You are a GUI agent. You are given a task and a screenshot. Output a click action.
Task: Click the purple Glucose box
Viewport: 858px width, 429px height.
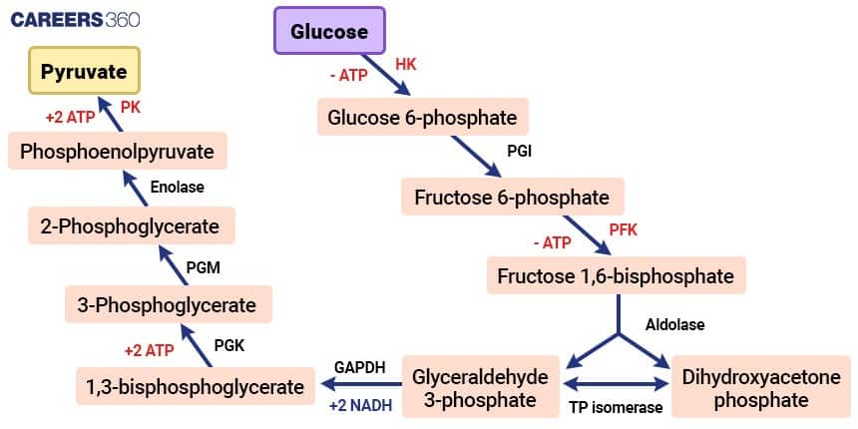click(x=329, y=32)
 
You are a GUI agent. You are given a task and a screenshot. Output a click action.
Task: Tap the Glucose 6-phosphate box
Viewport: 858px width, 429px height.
click(x=422, y=117)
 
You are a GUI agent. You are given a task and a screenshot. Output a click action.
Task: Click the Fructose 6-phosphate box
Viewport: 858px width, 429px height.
click(x=511, y=197)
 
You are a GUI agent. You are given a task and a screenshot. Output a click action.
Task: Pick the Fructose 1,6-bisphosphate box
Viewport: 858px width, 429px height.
click(x=616, y=274)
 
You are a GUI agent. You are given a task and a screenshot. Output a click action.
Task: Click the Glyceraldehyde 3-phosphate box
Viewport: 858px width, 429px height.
click(x=481, y=388)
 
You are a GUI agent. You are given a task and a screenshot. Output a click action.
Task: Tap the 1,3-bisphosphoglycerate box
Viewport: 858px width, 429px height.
click(x=191, y=386)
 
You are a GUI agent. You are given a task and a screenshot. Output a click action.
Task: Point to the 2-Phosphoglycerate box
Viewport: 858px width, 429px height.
click(x=131, y=226)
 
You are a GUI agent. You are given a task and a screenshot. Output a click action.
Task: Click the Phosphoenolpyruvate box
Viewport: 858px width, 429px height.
click(x=118, y=152)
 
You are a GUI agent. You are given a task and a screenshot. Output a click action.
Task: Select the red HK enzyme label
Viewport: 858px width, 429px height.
click(x=405, y=63)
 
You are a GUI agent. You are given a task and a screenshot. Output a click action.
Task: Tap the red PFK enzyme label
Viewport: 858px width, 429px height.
click(x=623, y=230)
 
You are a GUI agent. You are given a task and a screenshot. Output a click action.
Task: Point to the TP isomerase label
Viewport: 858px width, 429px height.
click(x=615, y=408)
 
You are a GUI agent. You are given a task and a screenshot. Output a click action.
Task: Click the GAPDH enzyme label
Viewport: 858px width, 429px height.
click(x=359, y=367)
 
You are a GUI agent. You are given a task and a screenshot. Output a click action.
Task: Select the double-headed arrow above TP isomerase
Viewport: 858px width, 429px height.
click(x=616, y=386)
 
